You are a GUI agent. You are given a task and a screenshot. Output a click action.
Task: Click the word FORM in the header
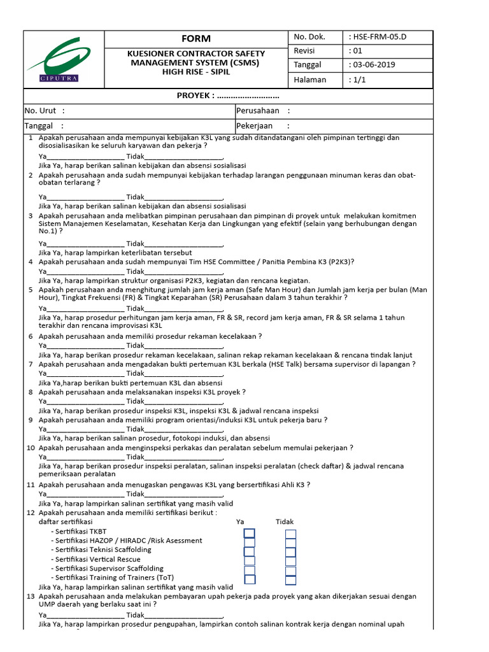196,39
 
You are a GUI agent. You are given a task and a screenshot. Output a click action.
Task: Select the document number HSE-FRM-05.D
379,37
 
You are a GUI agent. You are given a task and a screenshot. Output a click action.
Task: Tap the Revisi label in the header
305,51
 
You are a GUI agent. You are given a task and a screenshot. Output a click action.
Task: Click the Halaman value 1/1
355,80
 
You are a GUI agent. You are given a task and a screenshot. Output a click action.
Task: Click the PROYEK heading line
228,96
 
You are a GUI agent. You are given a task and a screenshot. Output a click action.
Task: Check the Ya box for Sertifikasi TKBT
250,534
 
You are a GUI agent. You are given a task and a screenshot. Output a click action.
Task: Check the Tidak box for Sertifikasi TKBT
290,534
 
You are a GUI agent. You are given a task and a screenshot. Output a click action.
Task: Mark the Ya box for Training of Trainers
250,579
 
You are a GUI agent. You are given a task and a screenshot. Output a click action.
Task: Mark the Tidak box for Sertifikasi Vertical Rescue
290,561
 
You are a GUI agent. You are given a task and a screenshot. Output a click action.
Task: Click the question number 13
31,597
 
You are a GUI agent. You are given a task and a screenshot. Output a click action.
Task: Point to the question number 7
31,364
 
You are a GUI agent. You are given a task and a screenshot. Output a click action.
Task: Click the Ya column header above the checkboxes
240,521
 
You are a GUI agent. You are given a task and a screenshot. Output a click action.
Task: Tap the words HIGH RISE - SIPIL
196,72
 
